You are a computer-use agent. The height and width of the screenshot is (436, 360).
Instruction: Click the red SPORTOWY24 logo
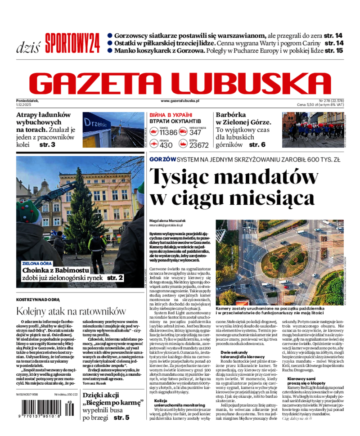72,44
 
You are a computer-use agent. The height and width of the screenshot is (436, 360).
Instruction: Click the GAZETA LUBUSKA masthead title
180,82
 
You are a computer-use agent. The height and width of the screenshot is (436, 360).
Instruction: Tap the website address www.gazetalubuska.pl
180,102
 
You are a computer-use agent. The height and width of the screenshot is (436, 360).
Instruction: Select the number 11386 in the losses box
168,132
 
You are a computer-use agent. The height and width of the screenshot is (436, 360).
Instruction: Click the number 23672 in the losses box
199,145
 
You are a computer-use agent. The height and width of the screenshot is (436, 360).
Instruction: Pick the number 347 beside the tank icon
195,132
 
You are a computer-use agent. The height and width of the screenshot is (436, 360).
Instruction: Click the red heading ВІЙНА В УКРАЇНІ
171,115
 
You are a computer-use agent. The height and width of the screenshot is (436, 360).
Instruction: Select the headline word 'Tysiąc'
184,176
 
